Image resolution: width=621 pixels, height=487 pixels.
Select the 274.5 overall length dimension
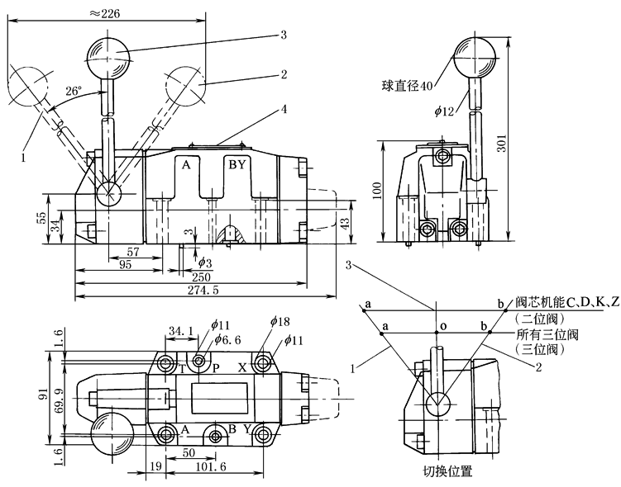click(x=204, y=291)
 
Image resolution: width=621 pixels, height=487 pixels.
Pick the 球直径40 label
click(x=408, y=83)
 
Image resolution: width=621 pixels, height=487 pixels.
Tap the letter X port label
click(x=241, y=368)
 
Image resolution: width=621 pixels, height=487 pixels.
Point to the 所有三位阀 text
click(x=546, y=334)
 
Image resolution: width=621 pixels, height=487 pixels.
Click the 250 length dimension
click(x=201, y=277)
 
